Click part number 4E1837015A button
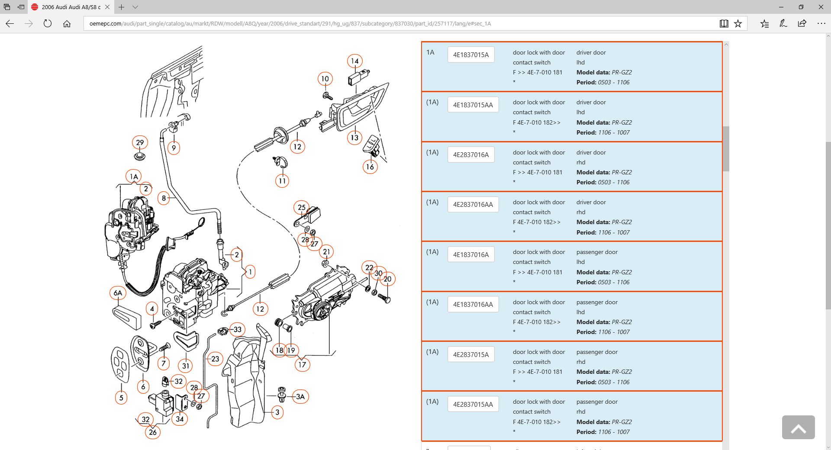470,55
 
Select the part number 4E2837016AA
473,205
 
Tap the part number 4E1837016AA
473,305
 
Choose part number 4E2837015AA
473,405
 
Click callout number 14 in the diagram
355,61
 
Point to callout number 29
140,142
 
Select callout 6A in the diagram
118,293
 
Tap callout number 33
238,329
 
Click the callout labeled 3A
300,396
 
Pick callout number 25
302,207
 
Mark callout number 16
370,167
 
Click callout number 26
153,432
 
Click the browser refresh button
48,24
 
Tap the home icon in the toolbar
67,24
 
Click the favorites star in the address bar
738,24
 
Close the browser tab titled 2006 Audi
107,7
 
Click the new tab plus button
122,7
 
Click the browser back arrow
10,24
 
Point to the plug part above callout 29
139,156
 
